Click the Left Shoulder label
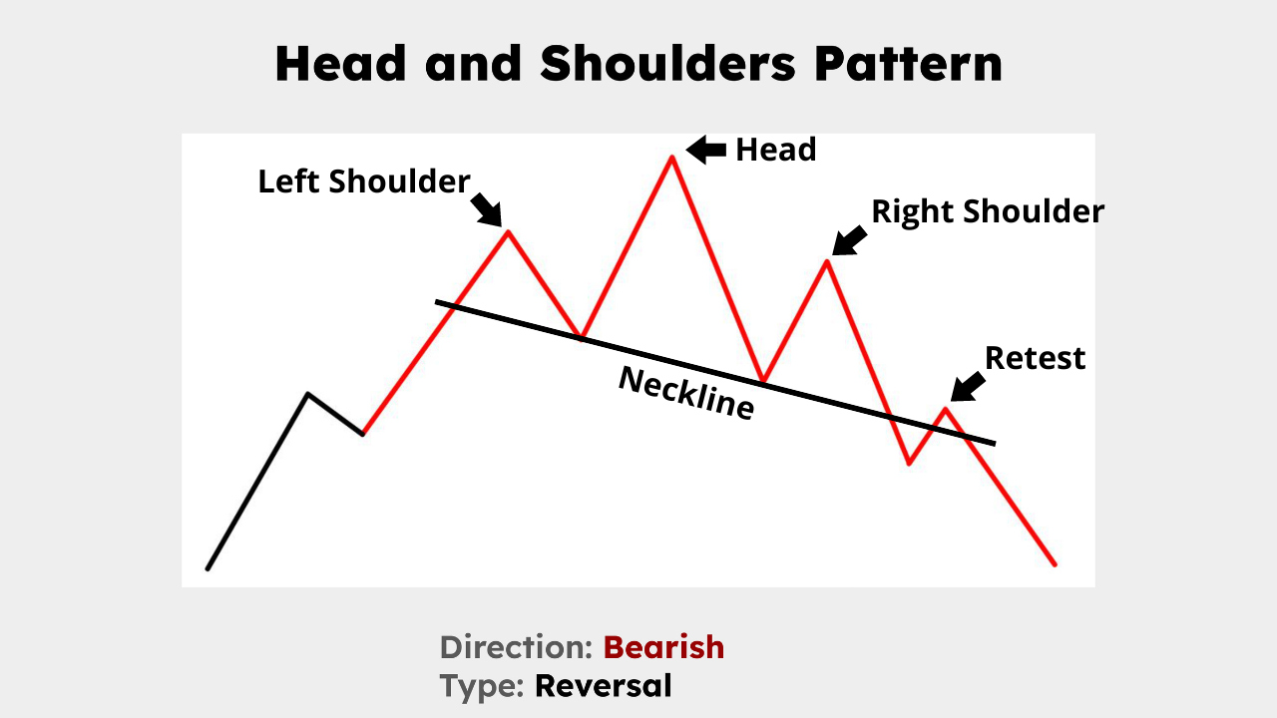click(x=363, y=181)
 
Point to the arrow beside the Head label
click(x=707, y=150)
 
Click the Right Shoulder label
click(x=988, y=211)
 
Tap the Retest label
click(x=1035, y=358)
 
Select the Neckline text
click(x=685, y=393)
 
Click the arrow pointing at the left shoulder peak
click(x=486, y=207)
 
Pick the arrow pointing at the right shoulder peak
click(x=849, y=240)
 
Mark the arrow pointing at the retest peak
click(x=967, y=386)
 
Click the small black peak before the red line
click(x=308, y=394)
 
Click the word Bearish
click(x=663, y=647)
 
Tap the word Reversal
click(x=603, y=686)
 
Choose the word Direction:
click(x=517, y=647)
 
